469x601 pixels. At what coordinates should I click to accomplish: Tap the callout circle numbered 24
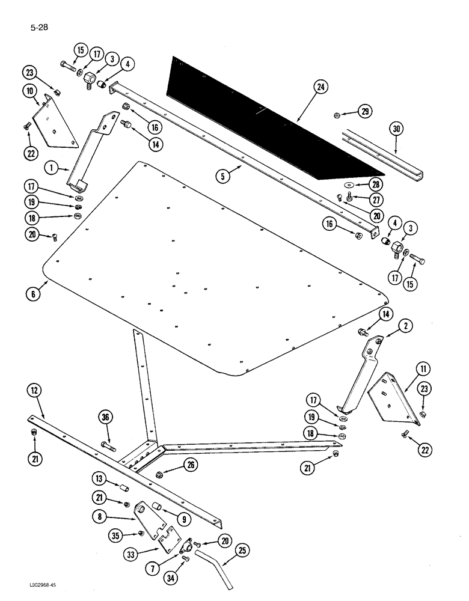pyautogui.click(x=321, y=88)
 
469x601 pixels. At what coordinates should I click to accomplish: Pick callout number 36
pyautogui.click(x=106, y=419)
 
